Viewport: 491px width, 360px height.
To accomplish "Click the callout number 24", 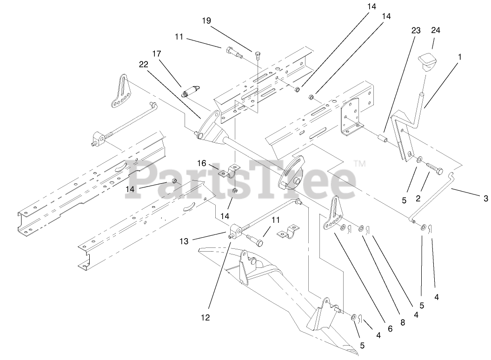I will tap(435, 30).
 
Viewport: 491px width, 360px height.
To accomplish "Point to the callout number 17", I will tap(156, 54).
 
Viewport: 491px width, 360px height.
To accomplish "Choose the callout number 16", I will tap(201, 163).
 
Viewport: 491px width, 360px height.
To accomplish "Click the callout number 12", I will tap(206, 318).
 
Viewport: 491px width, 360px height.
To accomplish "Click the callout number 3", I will tap(486, 199).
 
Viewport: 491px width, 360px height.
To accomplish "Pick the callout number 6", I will tap(390, 328).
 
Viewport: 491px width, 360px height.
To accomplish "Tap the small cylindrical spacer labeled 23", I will tap(381, 139).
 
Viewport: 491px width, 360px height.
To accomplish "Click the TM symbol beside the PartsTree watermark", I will tap(360, 164).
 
